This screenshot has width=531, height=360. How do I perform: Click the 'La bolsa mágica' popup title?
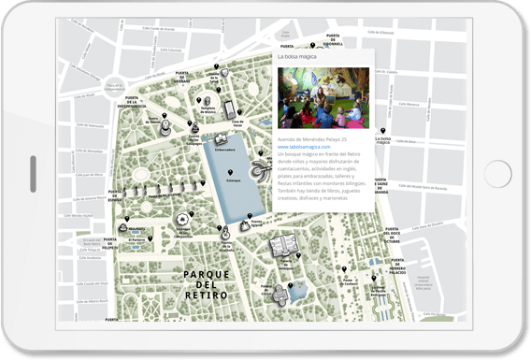(296, 57)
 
